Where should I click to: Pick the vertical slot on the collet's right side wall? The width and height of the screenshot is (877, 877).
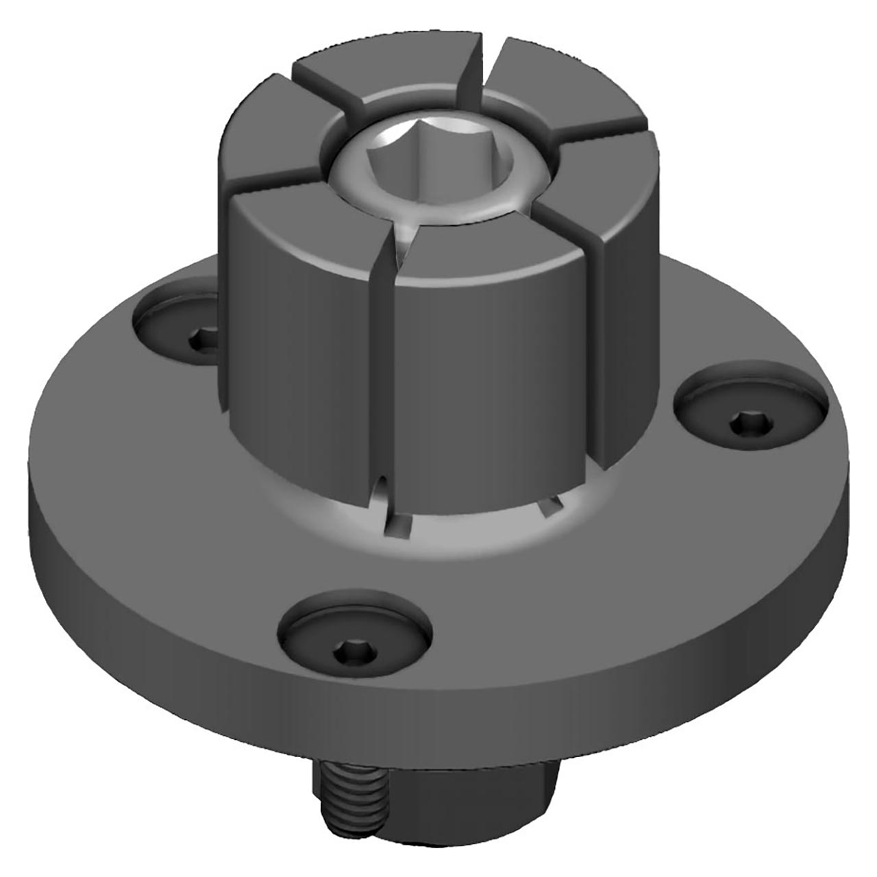click(594, 343)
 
